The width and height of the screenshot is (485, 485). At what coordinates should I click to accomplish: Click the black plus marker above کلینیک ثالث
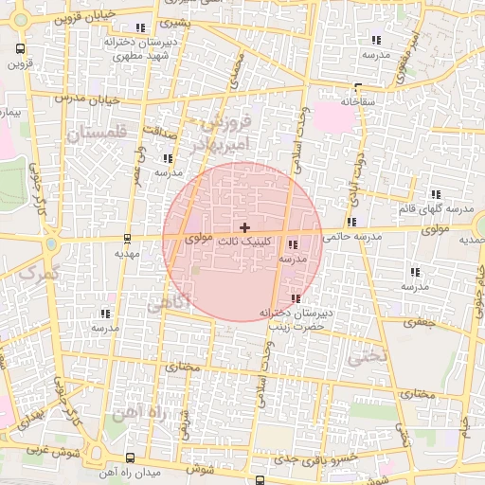coord(245,227)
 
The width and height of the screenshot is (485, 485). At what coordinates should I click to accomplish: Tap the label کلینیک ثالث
coord(245,242)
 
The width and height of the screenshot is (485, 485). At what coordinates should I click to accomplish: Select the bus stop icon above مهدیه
coord(128,239)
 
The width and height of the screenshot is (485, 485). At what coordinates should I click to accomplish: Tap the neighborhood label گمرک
coord(38,274)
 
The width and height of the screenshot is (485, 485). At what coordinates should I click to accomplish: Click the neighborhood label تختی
coord(368,357)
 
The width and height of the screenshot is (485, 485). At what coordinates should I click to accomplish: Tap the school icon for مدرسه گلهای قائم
coord(436,193)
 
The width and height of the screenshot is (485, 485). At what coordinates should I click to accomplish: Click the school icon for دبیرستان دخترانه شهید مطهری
coord(141,28)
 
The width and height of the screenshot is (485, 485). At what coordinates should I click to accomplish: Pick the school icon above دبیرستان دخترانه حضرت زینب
coord(296,299)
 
